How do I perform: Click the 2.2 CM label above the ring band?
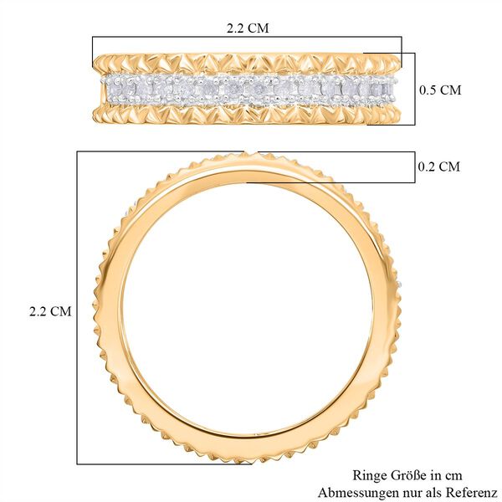tap(248, 27)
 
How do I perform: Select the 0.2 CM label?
tap(438, 166)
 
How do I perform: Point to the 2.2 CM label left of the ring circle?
tap(50, 310)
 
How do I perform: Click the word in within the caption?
tap(434, 475)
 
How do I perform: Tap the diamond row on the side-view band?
tap(251, 87)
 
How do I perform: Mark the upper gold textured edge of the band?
tap(251, 63)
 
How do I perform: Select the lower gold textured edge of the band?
tap(251, 111)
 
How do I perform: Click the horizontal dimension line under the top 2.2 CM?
tap(248, 37)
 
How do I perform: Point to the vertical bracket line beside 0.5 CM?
tap(414, 88)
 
